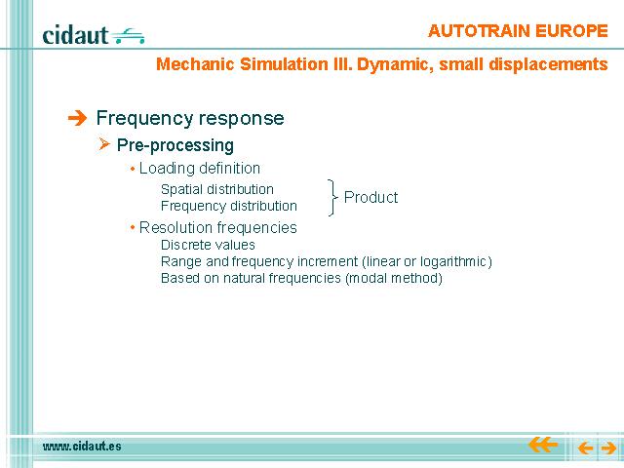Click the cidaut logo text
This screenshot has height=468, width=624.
(75, 35)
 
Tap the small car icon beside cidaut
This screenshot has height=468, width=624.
(128, 36)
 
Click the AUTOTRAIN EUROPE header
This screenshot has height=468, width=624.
(518, 30)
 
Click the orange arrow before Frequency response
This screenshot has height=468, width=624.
(77, 118)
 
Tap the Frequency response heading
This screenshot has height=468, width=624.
(190, 118)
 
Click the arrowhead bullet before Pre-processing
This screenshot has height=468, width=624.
(104, 143)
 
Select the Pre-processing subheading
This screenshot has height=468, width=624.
(175, 145)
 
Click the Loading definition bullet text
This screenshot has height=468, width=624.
(199, 169)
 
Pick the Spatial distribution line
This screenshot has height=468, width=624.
(216, 189)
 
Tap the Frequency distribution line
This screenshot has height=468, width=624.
(229, 206)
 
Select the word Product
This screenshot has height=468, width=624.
(370, 197)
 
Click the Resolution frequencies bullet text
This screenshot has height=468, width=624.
(218, 227)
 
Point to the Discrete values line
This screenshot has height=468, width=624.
(208, 245)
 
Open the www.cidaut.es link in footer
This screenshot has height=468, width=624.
(82, 447)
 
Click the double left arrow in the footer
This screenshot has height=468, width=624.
(543, 445)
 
